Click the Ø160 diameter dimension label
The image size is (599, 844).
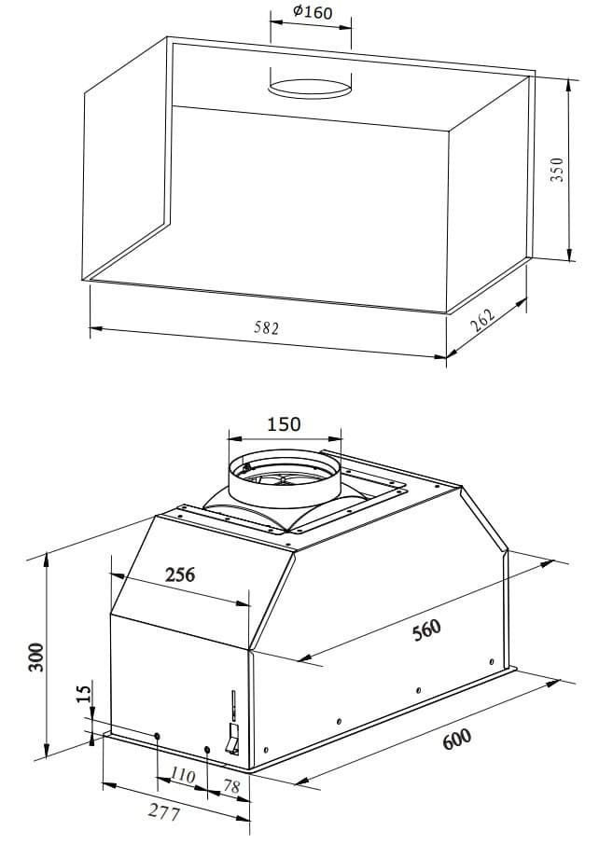point(313,12)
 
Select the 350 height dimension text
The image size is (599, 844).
point(557,169)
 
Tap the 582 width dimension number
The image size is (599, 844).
point(267,327)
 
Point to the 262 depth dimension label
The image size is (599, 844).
point(482,321)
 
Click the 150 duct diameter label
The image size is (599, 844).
point(284,424)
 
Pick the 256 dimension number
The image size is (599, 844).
point(180,574)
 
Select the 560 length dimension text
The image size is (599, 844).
point(426,630)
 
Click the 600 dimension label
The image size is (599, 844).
point(457,739)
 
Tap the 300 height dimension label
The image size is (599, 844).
point(36,657)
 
